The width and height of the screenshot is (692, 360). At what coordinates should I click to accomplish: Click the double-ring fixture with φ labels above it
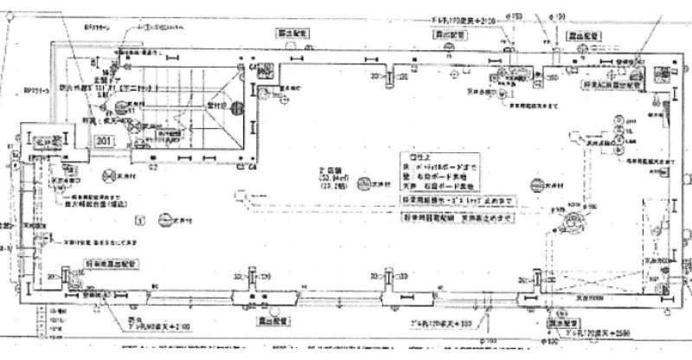[x=572, y=224]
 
